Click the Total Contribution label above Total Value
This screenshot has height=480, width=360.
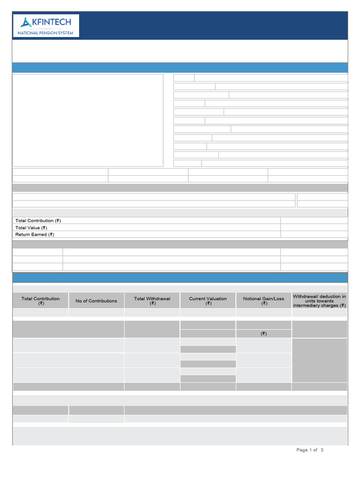(38, 220)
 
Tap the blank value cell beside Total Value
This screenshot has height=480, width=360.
(314, 227)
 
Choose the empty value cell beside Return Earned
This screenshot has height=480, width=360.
(314, 234)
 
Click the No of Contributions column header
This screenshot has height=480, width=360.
(96, 301)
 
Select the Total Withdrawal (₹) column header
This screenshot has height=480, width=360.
(152, 301)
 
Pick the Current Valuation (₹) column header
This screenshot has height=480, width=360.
(208, 301)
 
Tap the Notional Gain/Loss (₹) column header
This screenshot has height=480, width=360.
(263, 301)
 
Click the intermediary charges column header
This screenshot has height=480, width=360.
(319, 301)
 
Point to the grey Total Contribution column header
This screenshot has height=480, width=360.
(40, 301)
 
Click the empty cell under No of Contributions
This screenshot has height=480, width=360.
(96, 313)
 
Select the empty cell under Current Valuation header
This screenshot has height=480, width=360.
(208, 313)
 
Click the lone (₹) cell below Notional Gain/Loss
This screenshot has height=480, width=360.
(263, 334)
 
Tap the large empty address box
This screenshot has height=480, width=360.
(88, 120)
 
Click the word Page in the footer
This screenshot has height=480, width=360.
(302, 450)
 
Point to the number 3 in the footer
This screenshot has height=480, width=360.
(322, 450)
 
